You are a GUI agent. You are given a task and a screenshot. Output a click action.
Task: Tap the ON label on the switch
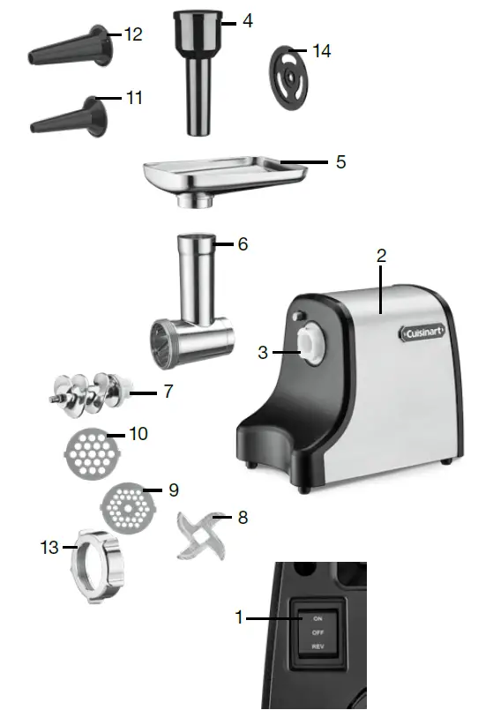click(317, 618)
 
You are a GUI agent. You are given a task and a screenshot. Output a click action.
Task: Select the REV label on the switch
click(317, 647)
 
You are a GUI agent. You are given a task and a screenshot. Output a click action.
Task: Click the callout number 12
click(132, 34)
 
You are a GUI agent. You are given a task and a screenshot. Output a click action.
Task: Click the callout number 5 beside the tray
click(340, 162)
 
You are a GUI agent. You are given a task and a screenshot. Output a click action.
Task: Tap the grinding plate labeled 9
click(129, 506)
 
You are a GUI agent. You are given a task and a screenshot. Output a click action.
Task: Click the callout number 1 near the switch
click(238, 618)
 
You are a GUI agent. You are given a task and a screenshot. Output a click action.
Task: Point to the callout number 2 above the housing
click(381, 256)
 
